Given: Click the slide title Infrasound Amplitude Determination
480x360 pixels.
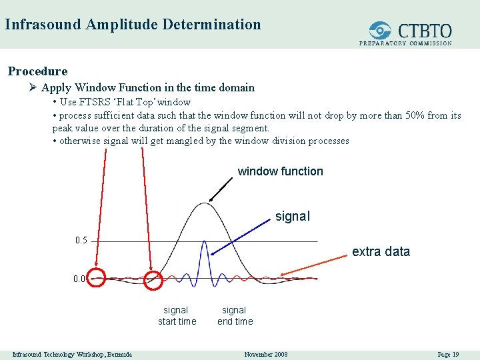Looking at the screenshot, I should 133,25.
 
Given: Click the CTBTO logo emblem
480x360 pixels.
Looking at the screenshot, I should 380,30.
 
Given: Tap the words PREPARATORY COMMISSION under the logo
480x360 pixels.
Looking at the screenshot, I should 405,43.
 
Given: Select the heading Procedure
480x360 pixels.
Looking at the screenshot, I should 37,71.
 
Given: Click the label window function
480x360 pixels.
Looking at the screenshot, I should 280,171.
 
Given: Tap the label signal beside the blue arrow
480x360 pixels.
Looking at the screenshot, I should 293,217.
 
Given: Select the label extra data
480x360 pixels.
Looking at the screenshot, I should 381,251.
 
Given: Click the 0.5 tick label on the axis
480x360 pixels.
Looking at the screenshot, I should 81,240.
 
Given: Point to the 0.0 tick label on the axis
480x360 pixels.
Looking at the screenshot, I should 79,279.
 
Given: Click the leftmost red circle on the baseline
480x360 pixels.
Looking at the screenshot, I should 97,278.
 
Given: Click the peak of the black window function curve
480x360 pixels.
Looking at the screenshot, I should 205,203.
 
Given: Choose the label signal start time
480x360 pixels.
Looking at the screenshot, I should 177,315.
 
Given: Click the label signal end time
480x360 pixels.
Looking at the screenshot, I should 235,315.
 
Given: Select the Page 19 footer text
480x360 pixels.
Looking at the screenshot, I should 447,354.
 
